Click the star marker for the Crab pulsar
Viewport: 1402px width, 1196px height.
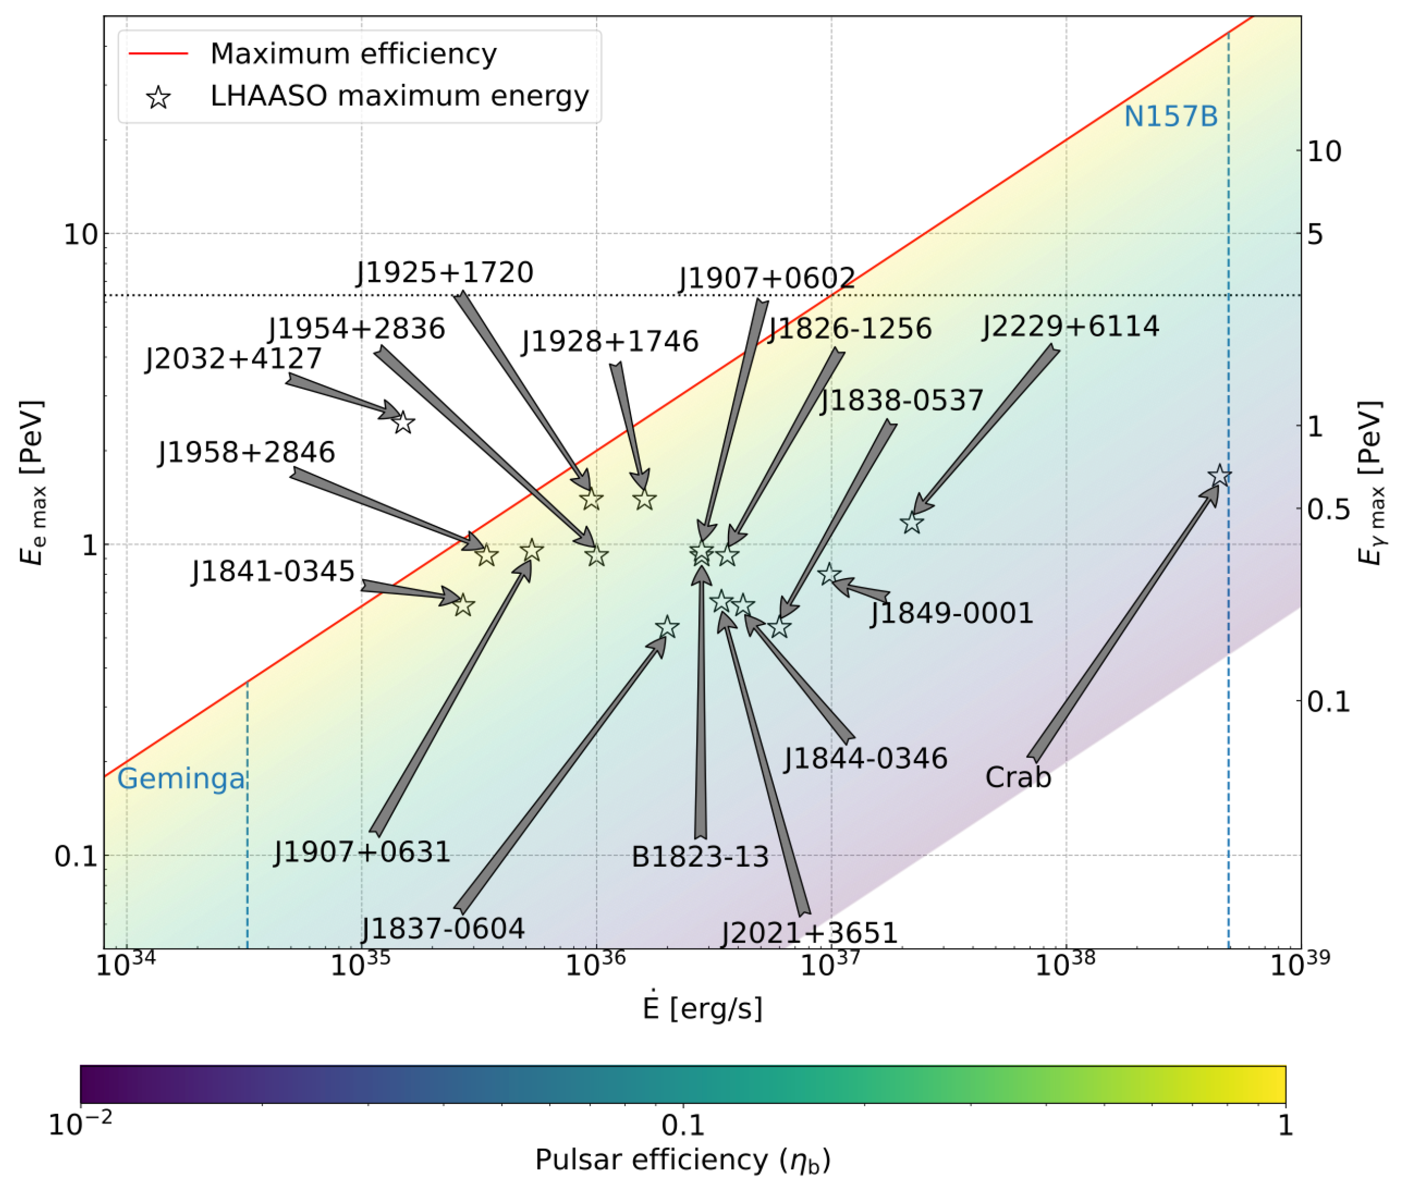point(1219,476)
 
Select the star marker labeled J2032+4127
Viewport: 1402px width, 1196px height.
point(403,423)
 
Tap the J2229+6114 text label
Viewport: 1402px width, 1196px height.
point(1070,327)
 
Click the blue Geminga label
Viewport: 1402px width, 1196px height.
point(181,779)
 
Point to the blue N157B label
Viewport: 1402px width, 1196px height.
point(1170,117)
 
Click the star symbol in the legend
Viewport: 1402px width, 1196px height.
point(158,98)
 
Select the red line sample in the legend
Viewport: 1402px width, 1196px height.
point(158,53)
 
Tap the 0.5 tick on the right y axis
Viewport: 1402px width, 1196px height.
point(1328,509)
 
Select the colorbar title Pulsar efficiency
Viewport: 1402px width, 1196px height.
point(682,1159)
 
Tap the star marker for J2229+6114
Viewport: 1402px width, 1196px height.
point(912,523)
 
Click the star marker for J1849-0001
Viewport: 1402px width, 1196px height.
point(830,574)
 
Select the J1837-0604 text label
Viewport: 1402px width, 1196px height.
point(443,929)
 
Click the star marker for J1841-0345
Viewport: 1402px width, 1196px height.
point(463,605)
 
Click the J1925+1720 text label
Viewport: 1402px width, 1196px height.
point(445,272)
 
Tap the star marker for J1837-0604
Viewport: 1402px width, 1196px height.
point(667,627)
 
